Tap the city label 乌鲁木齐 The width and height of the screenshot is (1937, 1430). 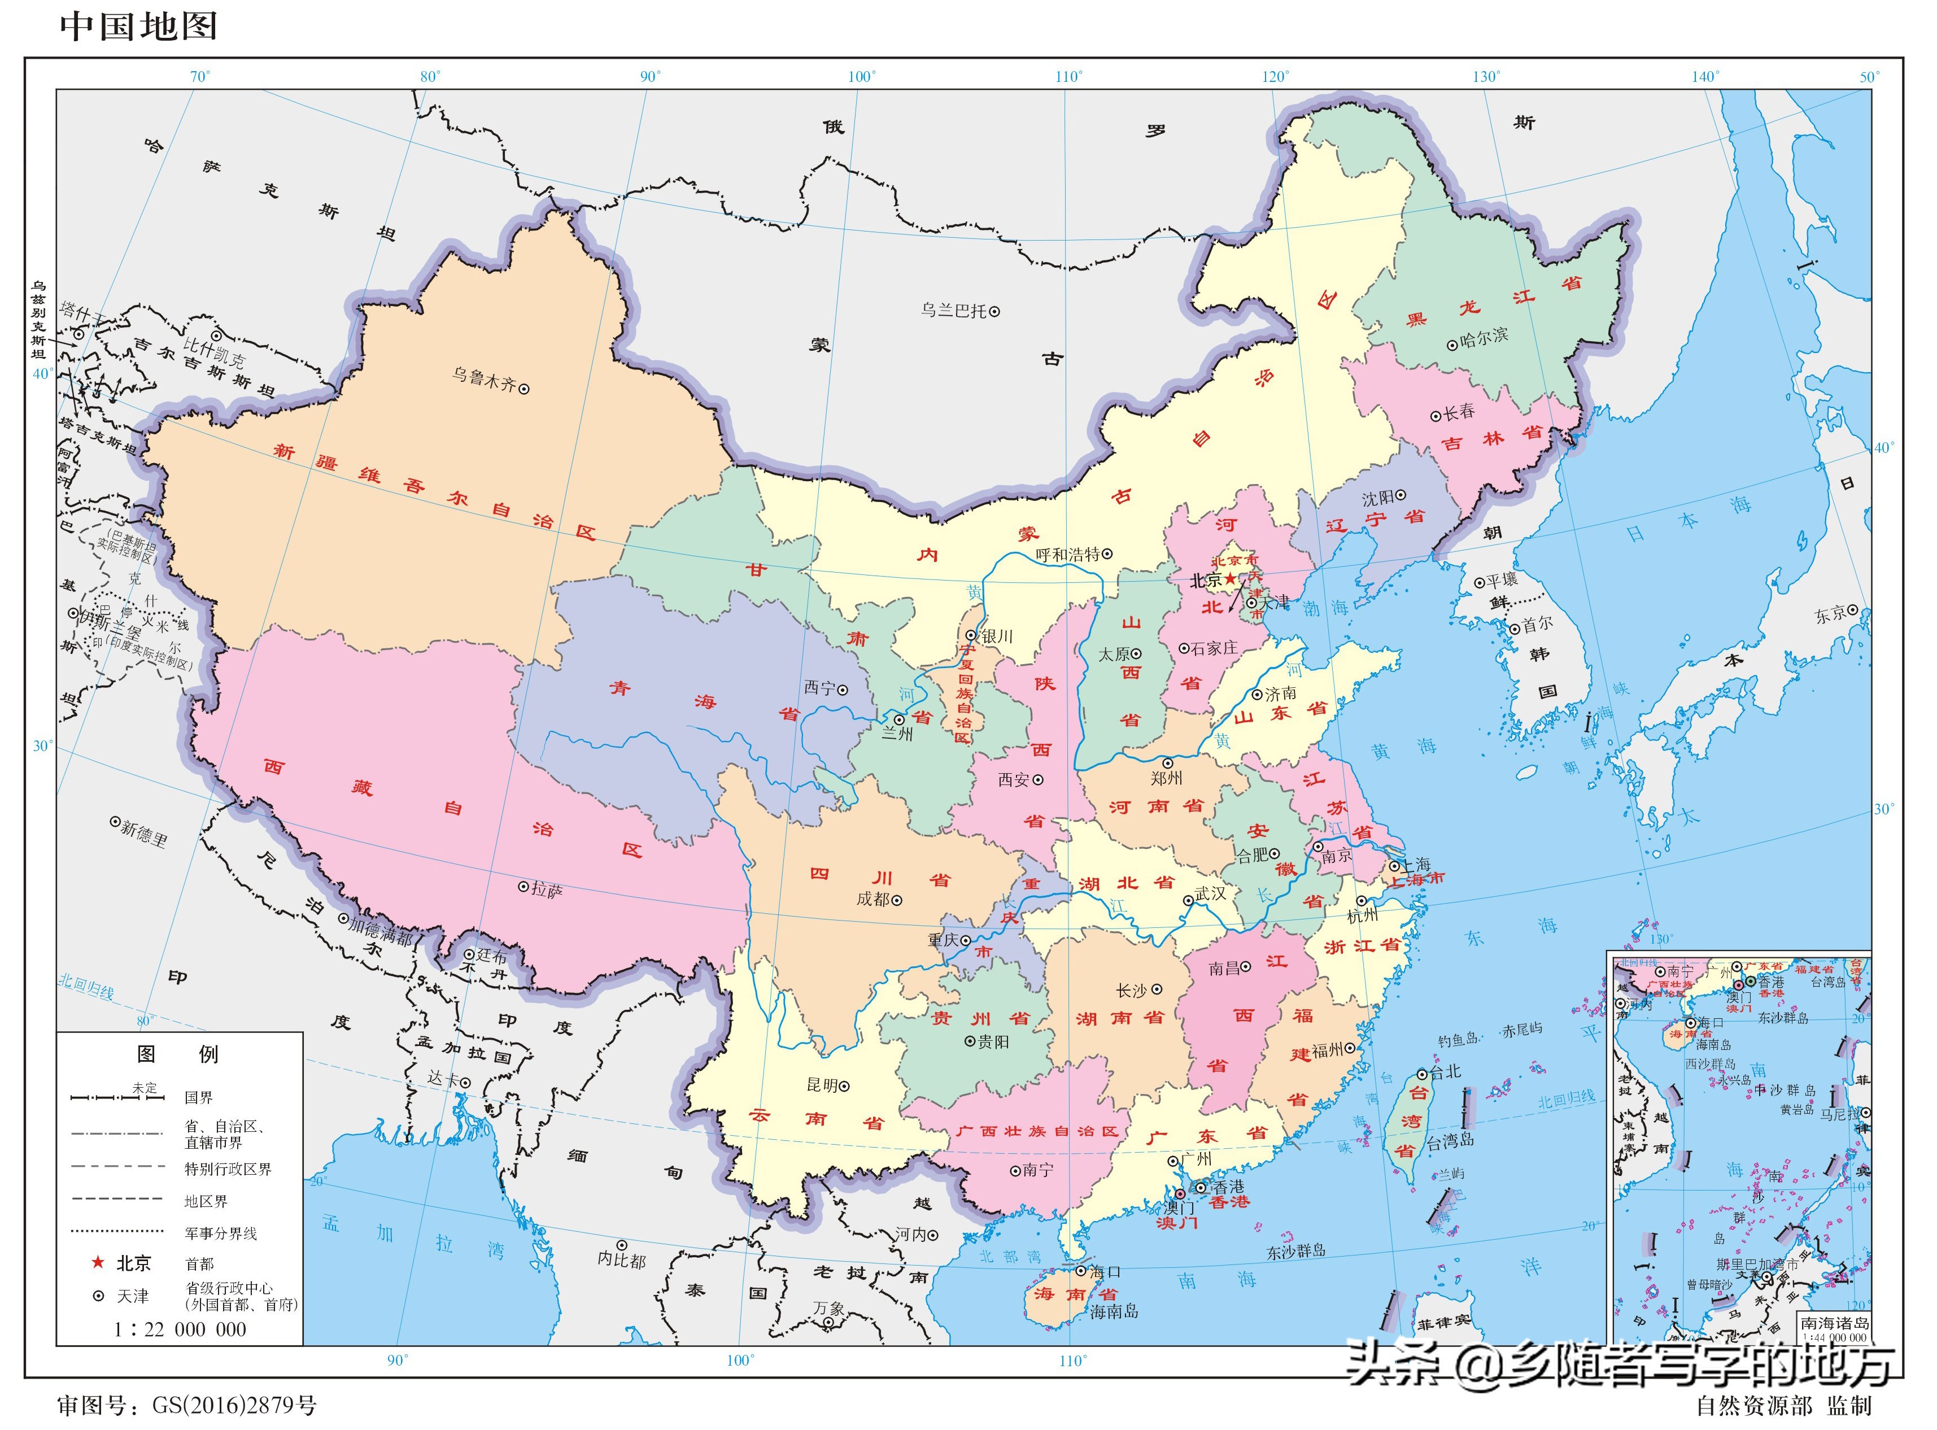pos(483,378)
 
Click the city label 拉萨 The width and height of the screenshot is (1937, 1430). pos(546,889)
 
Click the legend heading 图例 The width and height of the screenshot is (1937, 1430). pos(177,1054)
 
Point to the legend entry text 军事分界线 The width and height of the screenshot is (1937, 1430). pos(221,1233)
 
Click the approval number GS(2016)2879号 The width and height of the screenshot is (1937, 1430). pos(234,1405)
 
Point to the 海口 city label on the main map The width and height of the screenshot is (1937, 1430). pos(1105,1271)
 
